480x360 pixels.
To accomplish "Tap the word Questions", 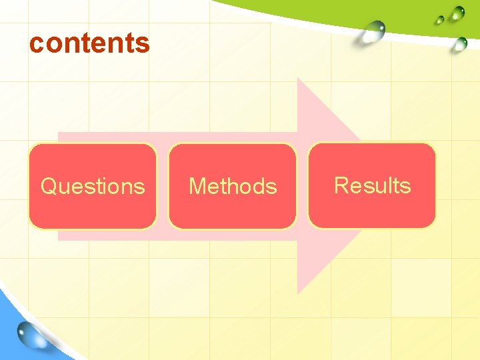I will pyautogui.click(x=93, y=186).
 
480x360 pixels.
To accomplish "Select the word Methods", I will pyautogui.click(x=233, y=186).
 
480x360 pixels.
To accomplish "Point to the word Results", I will pyautogui.click(x=372, y=185).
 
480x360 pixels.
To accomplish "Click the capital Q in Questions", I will pyautogui.click(x=49, y=186).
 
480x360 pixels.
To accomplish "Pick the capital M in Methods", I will pyautogui.click(x=197, y=186).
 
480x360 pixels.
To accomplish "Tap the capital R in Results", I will pyautogui.click(x=341, y=185).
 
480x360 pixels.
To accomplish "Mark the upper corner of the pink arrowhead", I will pyautogui.click(x=298, y=79).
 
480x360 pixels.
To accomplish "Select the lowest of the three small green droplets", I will pyautogui.click(x=459, y=45).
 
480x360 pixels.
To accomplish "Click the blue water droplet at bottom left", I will pyautogui.click(x=34, y=336).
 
